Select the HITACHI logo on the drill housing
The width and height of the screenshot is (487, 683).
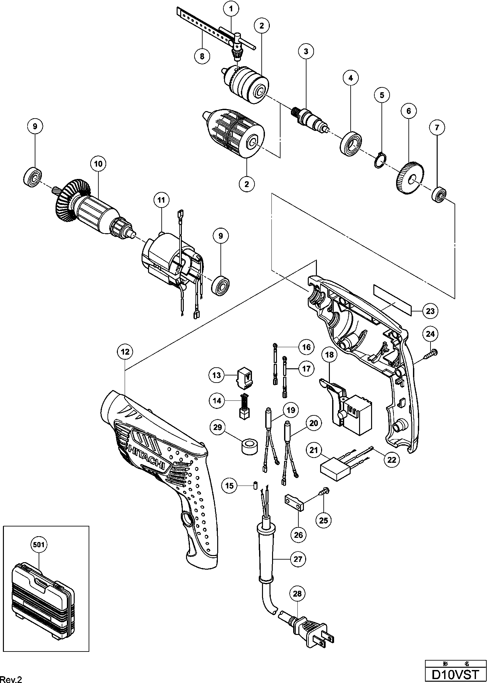[148, 458]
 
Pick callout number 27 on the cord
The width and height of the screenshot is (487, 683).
[298, 559]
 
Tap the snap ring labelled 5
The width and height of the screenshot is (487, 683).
[380, 160]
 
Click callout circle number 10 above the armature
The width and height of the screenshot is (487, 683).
[98, 164]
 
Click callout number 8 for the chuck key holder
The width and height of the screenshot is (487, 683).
[202, 56]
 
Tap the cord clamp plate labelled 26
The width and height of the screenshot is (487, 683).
[294, 502]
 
